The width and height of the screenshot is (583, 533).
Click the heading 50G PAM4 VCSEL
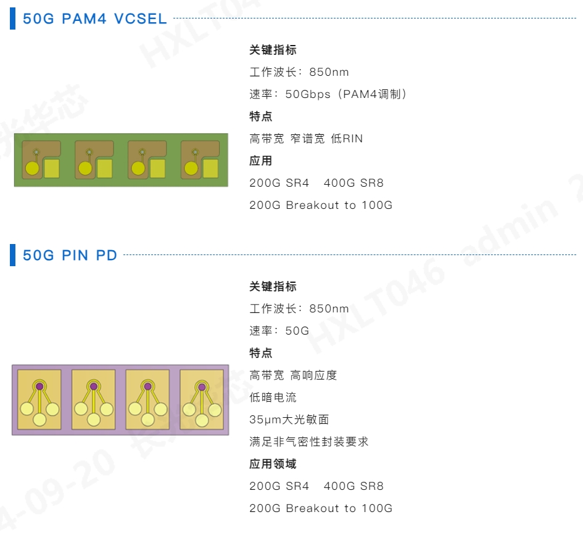tap(94, 18)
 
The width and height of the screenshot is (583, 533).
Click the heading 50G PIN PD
tap(70, 255)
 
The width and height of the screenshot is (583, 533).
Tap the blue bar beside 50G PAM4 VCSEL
tap(12, 18)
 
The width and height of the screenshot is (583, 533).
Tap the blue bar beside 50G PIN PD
tap(12, 255)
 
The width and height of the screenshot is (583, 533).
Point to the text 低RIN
tap(347, 139)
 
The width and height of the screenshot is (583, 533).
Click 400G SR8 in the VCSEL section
tap(354, 183)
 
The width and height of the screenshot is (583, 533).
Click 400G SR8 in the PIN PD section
tap(354, 486)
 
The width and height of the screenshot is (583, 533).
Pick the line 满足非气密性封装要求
tap(308, 442)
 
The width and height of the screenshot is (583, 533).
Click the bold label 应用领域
tap(273, 464)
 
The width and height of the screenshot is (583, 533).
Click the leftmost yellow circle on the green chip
tap(32, 168)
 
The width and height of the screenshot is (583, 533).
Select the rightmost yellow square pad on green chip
tap(211, 168)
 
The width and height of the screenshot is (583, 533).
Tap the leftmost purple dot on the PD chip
tap(39, 386)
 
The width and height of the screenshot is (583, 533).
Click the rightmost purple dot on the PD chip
tap(201, 386)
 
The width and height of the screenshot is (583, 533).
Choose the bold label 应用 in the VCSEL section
tap(260, 161)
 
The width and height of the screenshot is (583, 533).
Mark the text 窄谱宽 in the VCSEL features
tap(307, 139)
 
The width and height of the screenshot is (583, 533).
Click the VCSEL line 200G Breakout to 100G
tap(320, 205)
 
